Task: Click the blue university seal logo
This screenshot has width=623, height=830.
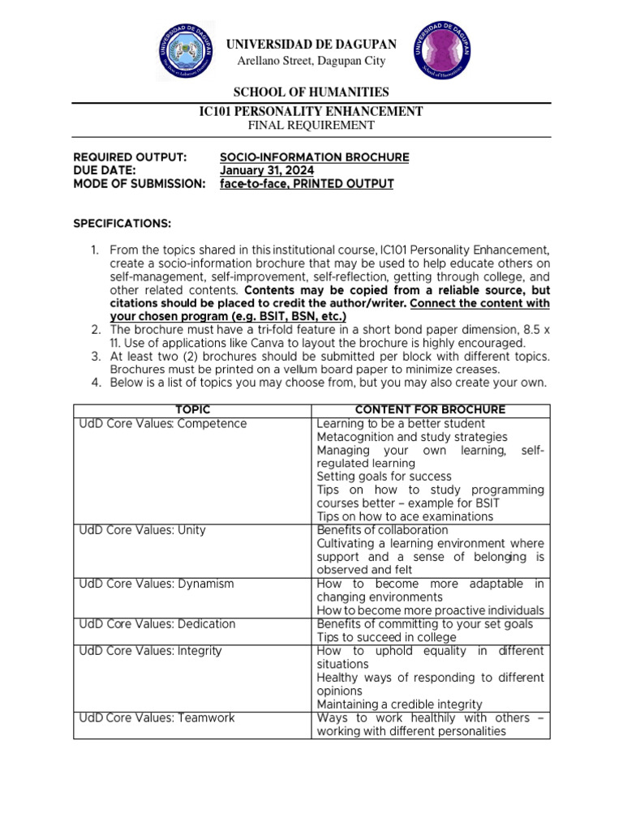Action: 186,50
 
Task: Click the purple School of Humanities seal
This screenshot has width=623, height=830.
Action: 445,50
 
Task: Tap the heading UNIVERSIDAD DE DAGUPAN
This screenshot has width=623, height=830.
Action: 311,44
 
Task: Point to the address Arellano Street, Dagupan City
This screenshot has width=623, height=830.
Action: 311,62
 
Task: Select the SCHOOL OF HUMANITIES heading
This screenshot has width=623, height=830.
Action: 311,92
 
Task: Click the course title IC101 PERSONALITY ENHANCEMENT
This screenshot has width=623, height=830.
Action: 311,111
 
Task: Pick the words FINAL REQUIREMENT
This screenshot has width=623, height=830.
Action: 311,126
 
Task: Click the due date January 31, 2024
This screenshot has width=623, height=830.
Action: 267,170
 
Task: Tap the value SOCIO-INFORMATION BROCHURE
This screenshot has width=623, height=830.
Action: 315,157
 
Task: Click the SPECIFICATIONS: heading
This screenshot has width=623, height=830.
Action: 122,223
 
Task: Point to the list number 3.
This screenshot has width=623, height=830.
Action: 95,356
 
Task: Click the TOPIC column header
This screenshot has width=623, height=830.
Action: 192,410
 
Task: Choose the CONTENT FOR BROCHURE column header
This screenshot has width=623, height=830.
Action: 430,410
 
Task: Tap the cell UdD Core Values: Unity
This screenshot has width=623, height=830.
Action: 142,530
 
